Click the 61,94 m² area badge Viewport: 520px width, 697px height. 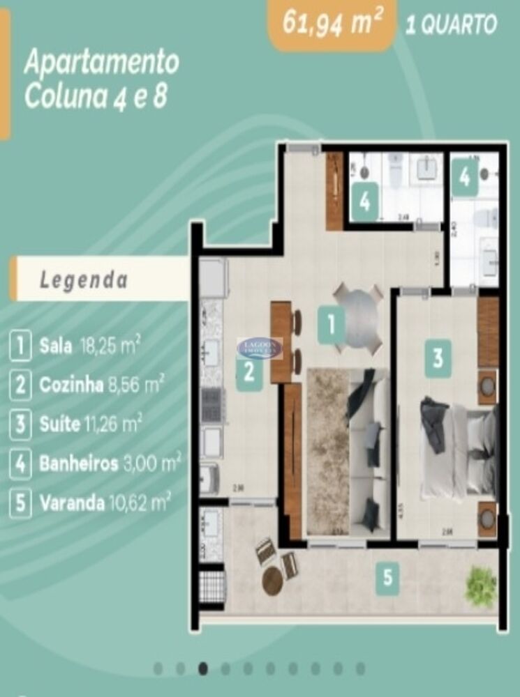[332, 24]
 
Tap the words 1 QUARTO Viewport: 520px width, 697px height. [451, 25]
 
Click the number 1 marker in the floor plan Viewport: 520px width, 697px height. [332, 325]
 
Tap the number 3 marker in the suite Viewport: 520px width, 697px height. [438, 358]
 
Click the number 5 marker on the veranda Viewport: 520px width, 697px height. [388, 578]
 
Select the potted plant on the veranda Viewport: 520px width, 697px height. [481, 584]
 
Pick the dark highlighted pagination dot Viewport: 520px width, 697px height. [203, 669]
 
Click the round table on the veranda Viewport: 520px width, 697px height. [272, 580]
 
